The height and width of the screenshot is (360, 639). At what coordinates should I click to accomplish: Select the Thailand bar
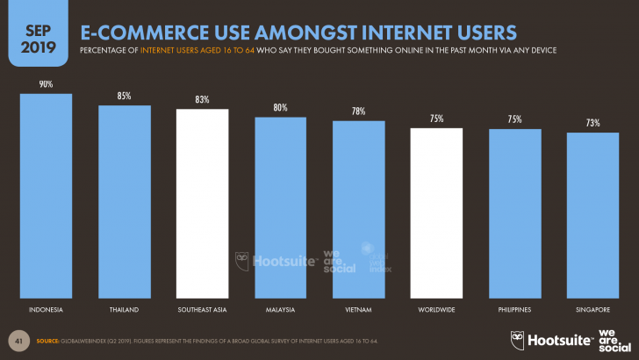(124, 202)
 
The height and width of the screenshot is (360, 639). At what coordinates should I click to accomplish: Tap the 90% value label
(46, 84)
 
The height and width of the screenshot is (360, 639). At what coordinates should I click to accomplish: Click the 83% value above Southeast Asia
(202, 100)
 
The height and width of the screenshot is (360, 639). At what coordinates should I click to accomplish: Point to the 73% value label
(592, 124)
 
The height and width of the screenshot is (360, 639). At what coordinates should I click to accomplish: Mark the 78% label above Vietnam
(358, 112)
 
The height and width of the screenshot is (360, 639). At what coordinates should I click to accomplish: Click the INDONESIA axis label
(46, 311)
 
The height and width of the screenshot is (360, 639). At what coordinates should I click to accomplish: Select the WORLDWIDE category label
(436, 311)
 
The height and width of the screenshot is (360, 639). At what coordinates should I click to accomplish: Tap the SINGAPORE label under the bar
(592, 311)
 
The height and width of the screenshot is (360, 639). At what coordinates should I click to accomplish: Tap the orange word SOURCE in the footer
(48, 340)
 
